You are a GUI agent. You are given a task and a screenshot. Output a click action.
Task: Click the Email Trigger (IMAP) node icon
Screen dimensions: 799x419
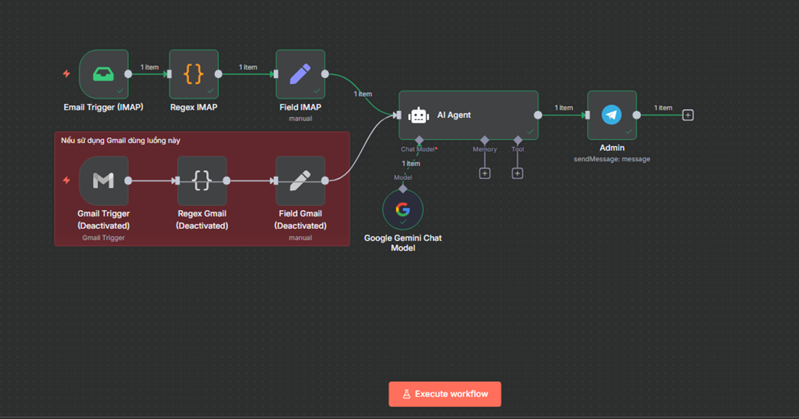(103, 74)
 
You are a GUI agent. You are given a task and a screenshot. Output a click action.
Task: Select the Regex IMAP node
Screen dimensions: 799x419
(194, 74)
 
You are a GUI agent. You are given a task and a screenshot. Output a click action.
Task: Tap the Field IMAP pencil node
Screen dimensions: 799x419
(300, 74)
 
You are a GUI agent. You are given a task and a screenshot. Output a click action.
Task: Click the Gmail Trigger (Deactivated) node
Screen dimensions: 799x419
(103, 181)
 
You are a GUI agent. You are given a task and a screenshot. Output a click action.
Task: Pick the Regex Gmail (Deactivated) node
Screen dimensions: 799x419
(202, 181)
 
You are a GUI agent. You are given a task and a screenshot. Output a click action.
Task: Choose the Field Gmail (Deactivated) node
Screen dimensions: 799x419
(300, 181)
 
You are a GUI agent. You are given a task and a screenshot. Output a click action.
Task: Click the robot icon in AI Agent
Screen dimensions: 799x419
(418, 116)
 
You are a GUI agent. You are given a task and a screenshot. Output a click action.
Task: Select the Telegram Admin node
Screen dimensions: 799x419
(611, 115)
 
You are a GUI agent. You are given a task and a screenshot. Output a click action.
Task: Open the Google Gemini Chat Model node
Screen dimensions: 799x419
(403, 209)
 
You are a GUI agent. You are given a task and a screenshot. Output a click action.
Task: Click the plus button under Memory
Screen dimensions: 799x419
(485, 174)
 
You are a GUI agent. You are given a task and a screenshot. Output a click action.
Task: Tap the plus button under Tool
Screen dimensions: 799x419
(517, 174)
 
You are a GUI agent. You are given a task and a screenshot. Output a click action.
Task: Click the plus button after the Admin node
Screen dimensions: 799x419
(688, 115)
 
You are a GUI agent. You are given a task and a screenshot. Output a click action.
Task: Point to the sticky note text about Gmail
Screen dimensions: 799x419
(120, 141)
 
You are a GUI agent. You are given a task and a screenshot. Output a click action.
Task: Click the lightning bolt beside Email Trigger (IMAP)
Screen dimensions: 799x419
(67, 74)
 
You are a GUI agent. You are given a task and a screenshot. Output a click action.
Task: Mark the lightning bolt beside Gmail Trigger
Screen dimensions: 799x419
(67, 181)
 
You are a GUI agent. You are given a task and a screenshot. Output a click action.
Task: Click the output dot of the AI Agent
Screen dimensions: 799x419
(538, 115)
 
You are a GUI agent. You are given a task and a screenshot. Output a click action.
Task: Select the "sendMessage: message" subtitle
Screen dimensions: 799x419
(611, 159)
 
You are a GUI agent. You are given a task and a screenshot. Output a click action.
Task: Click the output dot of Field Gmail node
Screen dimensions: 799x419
(325, 181)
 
